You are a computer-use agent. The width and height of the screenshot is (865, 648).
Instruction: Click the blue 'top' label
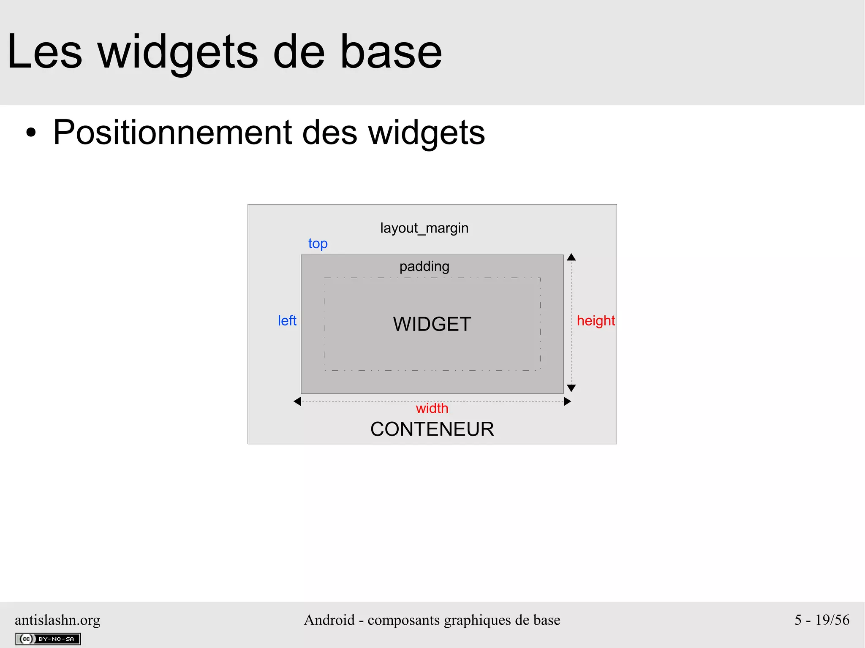(x=318, y=244)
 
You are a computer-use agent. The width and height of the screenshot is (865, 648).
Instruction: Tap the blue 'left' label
(x=287, y=321)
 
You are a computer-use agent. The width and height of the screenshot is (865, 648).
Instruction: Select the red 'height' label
(x=596, y=321)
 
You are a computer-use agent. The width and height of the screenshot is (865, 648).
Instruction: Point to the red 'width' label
(x=432, y=408)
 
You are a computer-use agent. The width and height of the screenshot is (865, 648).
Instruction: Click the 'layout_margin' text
(x=424, y=228)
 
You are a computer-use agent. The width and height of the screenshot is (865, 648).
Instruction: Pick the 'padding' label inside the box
(x=424, y=266)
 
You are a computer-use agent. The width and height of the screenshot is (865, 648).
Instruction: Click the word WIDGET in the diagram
(x=432, y=324)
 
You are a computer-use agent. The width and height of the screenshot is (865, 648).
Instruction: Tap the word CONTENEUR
(x=432, y=429)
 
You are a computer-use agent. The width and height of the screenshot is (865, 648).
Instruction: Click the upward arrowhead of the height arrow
(x=571, y=257)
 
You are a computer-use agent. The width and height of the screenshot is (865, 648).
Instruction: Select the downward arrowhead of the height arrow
(x=571, y=388)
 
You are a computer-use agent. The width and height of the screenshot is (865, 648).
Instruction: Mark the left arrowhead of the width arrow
(x=297, y=401)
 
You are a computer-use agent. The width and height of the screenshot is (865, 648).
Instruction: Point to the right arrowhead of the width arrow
(x=567, y=401)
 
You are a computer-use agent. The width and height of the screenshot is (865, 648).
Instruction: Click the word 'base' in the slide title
(x=391, y=52)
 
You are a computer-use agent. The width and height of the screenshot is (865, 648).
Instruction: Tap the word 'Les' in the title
(x=44, y=52)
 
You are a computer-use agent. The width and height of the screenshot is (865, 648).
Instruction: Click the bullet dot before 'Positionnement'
(x=31, y=133)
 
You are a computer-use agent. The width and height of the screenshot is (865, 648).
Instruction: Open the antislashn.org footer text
(x=57, y=620)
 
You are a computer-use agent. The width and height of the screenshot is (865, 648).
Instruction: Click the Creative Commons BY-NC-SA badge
(x=48, y=639)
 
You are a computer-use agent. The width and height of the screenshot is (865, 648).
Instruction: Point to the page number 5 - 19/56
(x=821, y=620)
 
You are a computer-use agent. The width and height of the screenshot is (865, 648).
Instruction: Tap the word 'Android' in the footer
(x=329, y=620)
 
